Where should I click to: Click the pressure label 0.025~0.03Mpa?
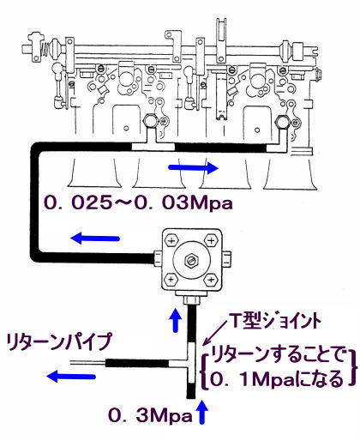click(138, 202)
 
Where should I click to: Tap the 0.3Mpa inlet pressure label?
click(150, 415)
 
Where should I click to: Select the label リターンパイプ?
click(59, 342)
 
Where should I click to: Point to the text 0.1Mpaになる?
click(277, 379)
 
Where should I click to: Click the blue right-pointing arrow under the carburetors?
click(194, 168)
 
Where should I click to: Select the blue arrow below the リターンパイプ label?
click(71, 376)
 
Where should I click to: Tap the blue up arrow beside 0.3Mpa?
click(202, 413)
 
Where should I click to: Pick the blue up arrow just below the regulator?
click(176, 320)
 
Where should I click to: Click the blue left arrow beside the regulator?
click(95, 238)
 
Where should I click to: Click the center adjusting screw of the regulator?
click(192, 260)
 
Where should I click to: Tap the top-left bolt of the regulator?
click(171, 240)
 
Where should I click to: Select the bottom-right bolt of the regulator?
click(211, 279)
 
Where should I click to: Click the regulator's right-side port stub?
click(226, 259)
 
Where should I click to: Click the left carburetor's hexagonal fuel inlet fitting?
click(151, 121)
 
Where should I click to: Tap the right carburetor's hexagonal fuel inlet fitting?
click(282, 123)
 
